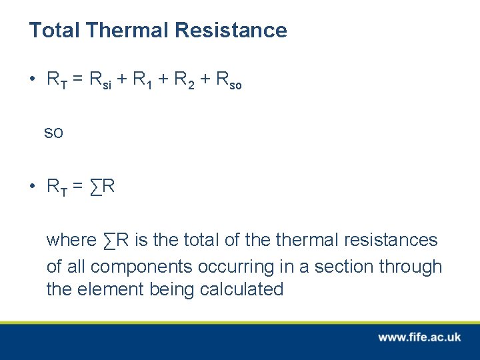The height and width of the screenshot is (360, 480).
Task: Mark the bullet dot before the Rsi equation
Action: click(x=31, y=80)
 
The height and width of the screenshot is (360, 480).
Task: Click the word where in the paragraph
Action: click(x=71, y=240)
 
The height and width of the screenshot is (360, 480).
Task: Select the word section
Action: click(x=344, y=267)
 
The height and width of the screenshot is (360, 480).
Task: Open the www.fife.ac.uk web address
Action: click(x=419, y=337)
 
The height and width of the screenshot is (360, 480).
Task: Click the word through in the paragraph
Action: click(x=411, y=267)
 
